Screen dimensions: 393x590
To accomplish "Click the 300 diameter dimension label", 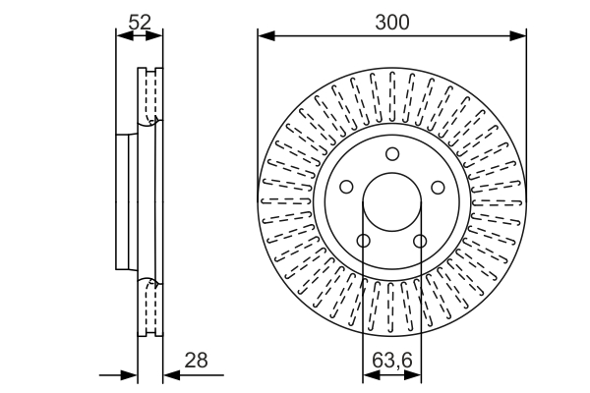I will coord(391,20).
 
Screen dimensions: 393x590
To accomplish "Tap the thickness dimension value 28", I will coord(197,361).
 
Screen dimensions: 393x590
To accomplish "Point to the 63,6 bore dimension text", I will coord(391,361).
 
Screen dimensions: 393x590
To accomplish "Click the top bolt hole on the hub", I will coord(392,153).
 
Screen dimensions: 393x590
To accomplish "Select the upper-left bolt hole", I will coord(346,187).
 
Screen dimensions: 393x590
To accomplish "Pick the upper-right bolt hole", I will coord(439,187).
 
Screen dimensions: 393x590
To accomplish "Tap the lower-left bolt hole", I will coord(364,241).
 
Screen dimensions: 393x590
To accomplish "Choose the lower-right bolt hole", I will coord(420,241).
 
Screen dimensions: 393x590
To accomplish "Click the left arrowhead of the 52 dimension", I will coord(122,36).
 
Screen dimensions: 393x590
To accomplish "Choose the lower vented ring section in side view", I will coord(149,309).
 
